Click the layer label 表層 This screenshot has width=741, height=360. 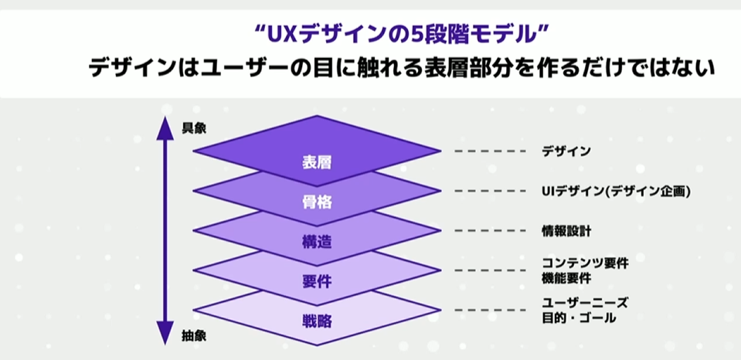click(x=317, y=163)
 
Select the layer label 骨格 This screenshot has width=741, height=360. click(x=317, y=203)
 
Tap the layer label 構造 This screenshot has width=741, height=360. click(x=317, y=242)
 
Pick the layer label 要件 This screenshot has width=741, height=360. click(x=317, y=281)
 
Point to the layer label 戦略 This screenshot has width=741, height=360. click(x=317, y=321)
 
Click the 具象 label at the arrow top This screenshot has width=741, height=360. click(x=194, y=129)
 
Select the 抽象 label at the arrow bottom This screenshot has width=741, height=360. click(x=194, y=337)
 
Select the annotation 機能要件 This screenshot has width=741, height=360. click(x=566, y=277)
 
